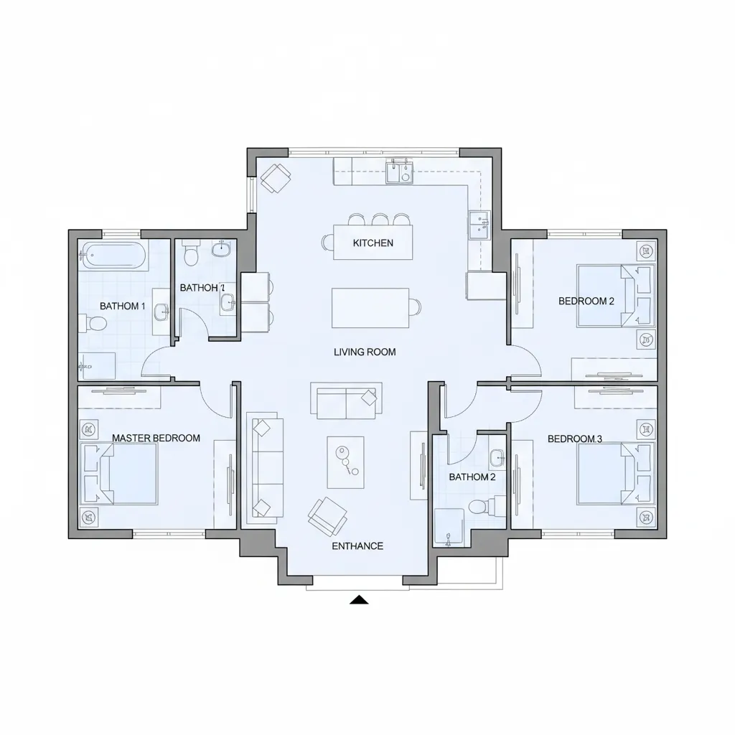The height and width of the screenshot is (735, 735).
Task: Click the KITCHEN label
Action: pos(373,243)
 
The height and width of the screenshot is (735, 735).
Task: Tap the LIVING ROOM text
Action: pos(365,352)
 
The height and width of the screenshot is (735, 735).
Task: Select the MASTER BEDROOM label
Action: pos(156,438)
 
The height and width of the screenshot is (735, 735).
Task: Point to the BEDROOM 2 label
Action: pos(586,301)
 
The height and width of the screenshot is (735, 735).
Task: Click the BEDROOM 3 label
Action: pos(574,439)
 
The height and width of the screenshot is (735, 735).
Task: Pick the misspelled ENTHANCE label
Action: pos(357,546)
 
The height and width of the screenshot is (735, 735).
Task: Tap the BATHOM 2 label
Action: pos(472,477)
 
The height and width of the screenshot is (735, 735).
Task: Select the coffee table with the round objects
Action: pos(345,460)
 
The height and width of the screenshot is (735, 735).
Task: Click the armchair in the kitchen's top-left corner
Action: pos(274,177)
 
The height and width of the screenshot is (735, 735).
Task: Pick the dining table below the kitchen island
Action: pos(370,307)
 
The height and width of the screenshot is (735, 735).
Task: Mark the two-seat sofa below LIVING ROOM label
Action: pos(345,400)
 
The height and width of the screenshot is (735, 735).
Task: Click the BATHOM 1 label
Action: pos(122,306)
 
